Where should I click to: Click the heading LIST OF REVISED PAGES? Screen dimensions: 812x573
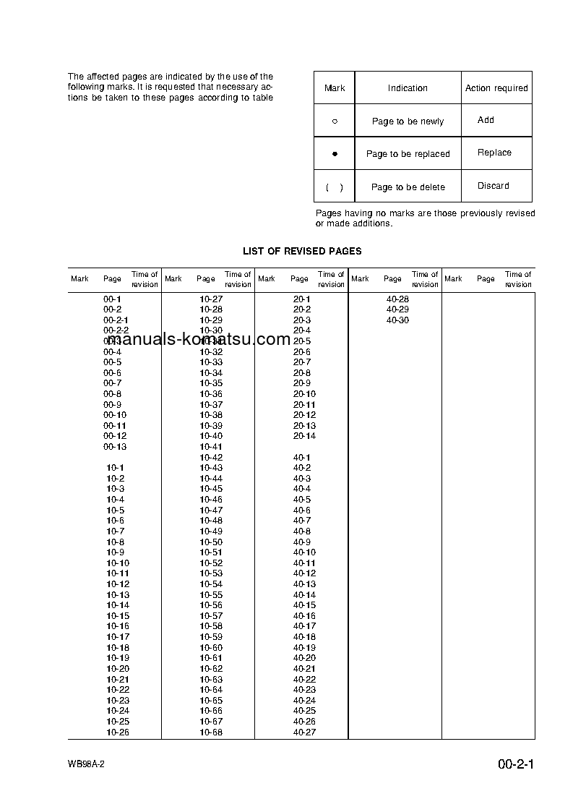pyautogui.click(x=302, y=251)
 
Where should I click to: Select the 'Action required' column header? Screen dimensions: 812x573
pyautogui.click(x=496, y=88)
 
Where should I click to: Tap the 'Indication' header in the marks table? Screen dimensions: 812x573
pyautogui.click(x=408, y=88)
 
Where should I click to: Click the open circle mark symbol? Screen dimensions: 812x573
pyautogui.click(x=335, y=121)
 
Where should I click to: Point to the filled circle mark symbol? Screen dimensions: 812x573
pyautogui.click(x=335, y=154)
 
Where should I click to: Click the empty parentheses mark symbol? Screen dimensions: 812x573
pyautogui.click(x=335, y=187)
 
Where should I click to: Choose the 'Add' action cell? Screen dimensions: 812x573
pyautogui.click(x=486, y=120)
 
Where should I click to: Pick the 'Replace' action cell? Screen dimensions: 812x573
pyautogui.click(x=494, y=153)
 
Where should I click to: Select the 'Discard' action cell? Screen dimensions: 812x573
pyautogui.click(x=493, y=186)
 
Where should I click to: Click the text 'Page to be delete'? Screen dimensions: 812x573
pyautogui.click(x=408, y=187)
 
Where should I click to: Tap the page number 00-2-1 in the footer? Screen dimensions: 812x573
pyautogui.click(x=515, y=765)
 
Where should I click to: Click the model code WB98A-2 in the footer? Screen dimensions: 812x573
pyautogui.click(x=86, y=765)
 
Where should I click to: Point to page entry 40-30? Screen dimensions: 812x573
pyautogui.click(x=397, y=320)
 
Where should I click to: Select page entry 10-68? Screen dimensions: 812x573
pyautogui.click(x=211, y=732)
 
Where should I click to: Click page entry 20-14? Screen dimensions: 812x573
pyautogui.click(x=304, y=436)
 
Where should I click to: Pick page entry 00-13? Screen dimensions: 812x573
pyautogui.click(x=114, y=447)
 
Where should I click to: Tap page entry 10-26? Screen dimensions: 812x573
pyautogui.click(x=118, y=732)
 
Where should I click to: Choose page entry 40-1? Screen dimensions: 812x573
pyautogui.click(x=301, y=458)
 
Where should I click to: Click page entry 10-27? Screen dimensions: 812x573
pyautogui.click(x=211, y=299)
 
